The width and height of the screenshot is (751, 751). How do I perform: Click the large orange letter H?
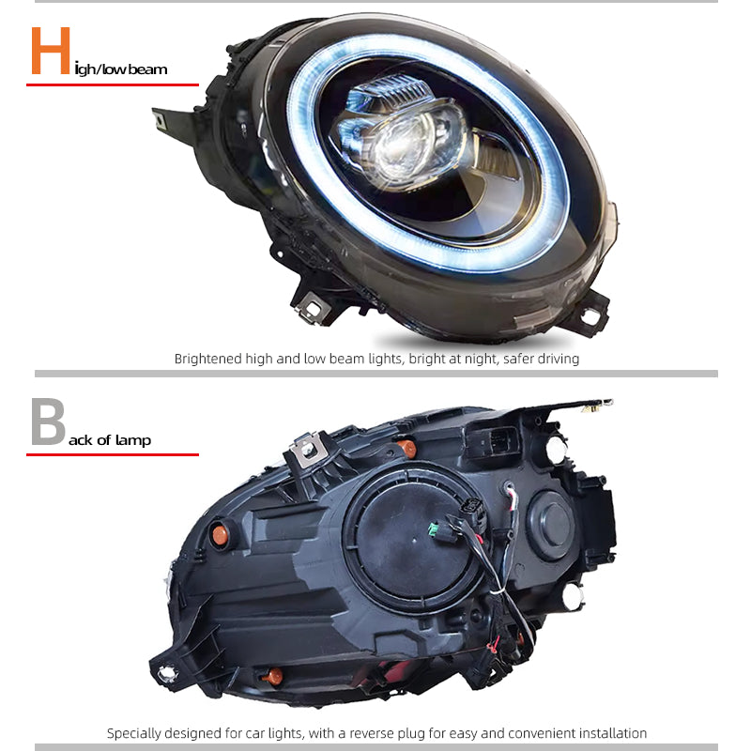point(51,51)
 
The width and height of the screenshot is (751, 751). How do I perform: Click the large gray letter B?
point(48,421)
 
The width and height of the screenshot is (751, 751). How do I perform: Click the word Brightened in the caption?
point(207,359)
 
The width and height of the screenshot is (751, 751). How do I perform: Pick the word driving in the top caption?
point(558,360)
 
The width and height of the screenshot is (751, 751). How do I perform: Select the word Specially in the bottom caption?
point(131,733)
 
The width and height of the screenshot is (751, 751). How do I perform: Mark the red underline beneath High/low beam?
point(113,84)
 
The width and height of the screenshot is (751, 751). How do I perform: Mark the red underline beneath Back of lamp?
point(113,454)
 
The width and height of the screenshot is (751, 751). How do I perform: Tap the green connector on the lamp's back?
point(434,530)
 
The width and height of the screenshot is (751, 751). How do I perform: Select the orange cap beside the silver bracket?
point(408,449)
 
